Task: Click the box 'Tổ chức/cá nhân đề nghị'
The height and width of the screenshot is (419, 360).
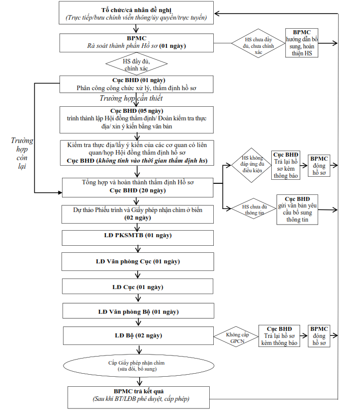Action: [136, 13]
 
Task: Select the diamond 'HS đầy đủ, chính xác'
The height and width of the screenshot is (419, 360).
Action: [137, 63]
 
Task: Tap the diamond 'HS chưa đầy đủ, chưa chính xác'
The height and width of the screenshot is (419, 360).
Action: [258, 43]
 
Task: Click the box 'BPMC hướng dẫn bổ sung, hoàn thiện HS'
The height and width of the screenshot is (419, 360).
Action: [302, 43]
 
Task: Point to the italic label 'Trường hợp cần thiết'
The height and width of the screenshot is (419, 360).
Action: [131, 98]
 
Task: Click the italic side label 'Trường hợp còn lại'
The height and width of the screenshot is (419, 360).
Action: [22, 153]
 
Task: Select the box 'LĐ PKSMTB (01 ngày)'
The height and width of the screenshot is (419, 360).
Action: [138, 238]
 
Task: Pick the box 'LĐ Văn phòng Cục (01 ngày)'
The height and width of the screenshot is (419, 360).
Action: [138, 261]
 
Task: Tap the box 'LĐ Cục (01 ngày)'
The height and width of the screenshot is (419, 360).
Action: [138, 287]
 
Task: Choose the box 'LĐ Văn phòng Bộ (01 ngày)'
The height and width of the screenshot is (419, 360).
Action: [138, 311]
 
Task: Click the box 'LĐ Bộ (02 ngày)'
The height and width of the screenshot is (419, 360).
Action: [138, 335]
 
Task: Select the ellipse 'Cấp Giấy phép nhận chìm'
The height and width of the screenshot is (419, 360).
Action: [139, 366]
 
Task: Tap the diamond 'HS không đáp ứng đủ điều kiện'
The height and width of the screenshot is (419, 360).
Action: [252, 165]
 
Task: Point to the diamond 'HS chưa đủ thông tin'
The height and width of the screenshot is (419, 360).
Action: [254, 208]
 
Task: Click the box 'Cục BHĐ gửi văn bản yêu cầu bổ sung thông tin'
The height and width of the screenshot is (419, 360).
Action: [297, 210]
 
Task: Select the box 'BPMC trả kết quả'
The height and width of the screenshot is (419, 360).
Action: [139, 397]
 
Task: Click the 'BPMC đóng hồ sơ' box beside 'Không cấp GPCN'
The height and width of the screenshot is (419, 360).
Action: [319, 336]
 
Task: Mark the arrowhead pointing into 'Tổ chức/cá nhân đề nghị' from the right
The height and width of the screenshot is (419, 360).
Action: [217, 14]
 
